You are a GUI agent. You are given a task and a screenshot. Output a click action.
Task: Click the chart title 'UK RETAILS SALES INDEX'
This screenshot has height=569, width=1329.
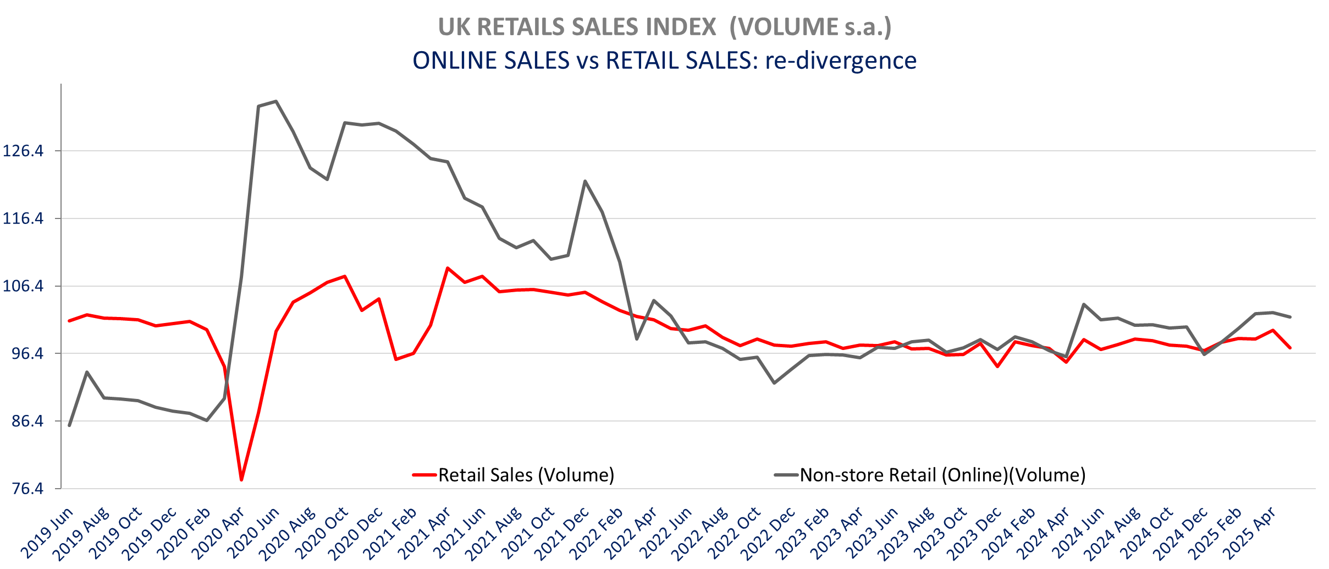pyautogui.click(x=577, y=27)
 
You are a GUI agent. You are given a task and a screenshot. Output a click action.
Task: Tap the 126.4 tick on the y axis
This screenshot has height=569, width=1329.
pyautogui.click(x=23, y=151)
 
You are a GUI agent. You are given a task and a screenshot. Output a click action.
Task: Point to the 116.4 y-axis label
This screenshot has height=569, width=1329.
pyautogui.click(x=23, y=218)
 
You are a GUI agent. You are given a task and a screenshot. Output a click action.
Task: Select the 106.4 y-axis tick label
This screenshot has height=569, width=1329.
pyautogui.click(x=23, y=286)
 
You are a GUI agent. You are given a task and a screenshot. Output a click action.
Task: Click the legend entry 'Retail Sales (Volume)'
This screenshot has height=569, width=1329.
pyautogui.click(x=526, y=475)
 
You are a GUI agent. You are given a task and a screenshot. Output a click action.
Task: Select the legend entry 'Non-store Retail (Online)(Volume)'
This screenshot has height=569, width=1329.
pyautogui.click(x=942, y=475)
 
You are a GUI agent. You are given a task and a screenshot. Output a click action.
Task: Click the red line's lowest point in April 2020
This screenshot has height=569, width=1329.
pyautogui.click(x=241, y=480)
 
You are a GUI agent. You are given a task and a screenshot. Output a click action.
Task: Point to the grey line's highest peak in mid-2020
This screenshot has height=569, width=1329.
pyautogui.click(x=276, y=101)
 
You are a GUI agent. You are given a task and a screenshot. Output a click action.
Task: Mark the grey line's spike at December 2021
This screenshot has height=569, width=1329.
pyautogui.click(x=585, y=181)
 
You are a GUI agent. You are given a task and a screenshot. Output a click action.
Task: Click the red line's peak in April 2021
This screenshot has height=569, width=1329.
pyautogui.click(x=448, y=268)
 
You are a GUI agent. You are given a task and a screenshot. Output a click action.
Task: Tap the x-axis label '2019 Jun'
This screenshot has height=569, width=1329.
pyautogui.click(x=47, y=533)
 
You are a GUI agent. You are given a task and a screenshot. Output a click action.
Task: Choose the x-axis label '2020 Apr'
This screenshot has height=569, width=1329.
pyautogui.click(x=219, y=533)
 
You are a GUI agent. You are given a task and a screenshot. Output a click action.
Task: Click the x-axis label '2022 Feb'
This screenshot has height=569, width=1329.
pyautogui.click(x=597, y=533)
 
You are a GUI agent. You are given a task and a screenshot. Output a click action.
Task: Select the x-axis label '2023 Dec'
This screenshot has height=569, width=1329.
pyautogui.click(x=974, y=533)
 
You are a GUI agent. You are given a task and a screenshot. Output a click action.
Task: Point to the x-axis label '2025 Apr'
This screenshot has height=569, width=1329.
pyautogui.click(x=1249, y=533)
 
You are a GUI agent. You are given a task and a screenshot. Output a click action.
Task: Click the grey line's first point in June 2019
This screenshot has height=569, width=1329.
pyautogui.click(x=69, y=425)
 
